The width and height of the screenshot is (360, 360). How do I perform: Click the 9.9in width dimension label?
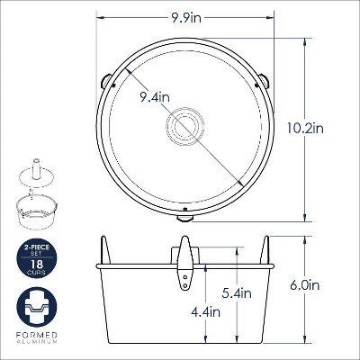point(186,19)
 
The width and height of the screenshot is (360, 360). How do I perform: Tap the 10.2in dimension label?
point(305,129)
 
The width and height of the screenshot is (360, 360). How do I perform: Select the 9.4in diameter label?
point(155,97)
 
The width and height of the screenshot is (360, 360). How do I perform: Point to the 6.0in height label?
point(305,285)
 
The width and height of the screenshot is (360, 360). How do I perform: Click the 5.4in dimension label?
point(237,292)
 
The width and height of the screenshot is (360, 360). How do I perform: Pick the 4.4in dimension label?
point(206,312)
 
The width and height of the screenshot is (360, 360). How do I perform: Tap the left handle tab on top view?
point(105,82)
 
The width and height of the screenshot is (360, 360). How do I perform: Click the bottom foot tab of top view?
point(184,218)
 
